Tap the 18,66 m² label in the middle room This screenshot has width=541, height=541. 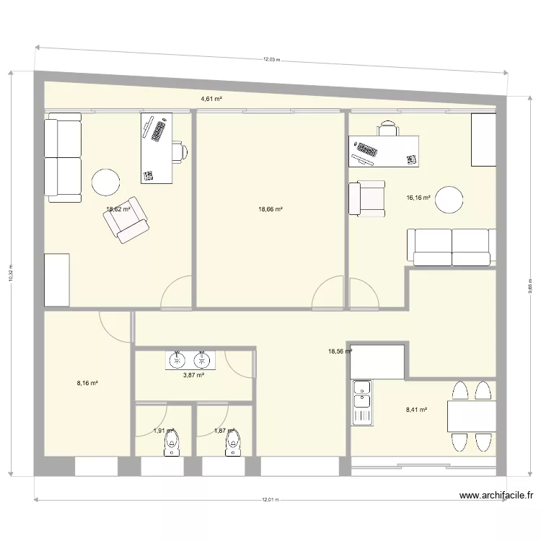coord(270,210)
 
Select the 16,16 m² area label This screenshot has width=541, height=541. coord(418,197)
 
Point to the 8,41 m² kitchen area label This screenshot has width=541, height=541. coord(416,410)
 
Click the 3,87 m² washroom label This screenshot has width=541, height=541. coord(193,375)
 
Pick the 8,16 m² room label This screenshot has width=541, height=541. coord(87,383)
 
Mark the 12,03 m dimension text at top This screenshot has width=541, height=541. coord(270,60)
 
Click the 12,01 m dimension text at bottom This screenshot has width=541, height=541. coord(270,498)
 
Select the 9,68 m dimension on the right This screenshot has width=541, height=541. coord(529,286)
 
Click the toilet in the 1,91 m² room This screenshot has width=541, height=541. coord(170,447)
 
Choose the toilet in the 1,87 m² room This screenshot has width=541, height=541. coord(232,447)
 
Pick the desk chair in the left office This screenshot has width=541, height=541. coord(180,151)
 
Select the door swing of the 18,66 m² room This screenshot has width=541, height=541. coord(329,291)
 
